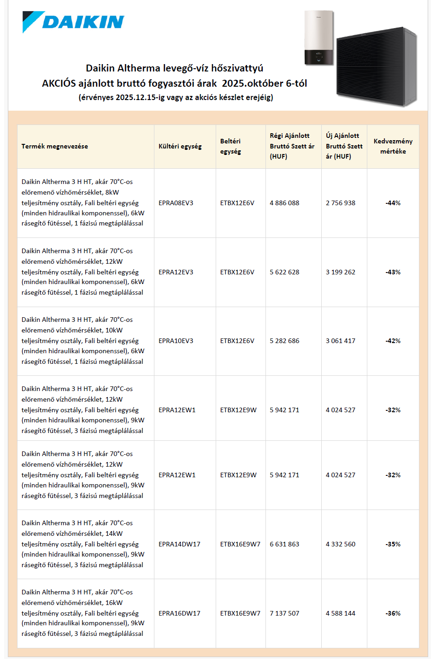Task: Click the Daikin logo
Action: (x=74, y=22)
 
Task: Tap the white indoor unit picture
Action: (x=318, y=38)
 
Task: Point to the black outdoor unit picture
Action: (x=377, y=67)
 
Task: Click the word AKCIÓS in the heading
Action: (x=59, y=83)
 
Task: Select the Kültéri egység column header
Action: (x=180, y=146)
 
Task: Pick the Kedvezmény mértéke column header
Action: (x=393, y=146)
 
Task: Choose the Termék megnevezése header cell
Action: (x=55, y=146)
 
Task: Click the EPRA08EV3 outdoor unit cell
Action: (x=176, y=203)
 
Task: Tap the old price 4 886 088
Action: (x=284, y=203)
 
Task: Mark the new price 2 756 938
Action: (x=341, y=203)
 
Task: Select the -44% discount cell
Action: (x=393, y=203)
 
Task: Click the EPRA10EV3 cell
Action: (x=176, y=341)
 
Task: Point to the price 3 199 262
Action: (x=341, y=272)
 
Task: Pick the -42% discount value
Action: (x=393, y=341)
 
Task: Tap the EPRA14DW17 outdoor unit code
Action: (x=179, y=544)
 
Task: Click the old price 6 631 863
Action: (x=284, y=544)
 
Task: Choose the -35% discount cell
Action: (x=393, y=544)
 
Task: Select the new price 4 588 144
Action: (x=341, y=613)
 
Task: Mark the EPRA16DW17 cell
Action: (x=179, y=613)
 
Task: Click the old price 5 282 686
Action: (x=284, y=341)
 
